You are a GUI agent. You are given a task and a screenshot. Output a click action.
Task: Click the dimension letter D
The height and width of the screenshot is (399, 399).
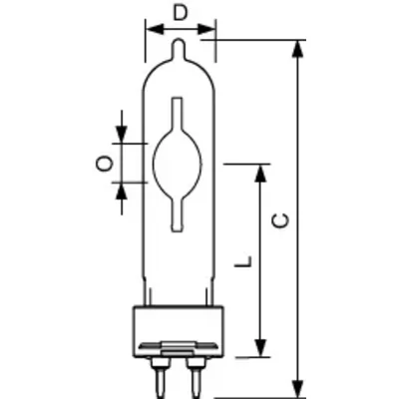(x=180, y=12)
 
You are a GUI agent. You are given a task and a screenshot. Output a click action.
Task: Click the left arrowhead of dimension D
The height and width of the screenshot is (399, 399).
(x=151, y=30)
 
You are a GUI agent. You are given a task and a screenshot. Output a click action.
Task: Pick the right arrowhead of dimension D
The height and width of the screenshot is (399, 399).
(x=208, y=30)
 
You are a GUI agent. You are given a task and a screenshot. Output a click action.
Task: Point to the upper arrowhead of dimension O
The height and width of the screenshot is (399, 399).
(x=122, y=137)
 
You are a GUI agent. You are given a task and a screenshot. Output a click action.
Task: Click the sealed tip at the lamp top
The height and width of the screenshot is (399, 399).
(x=180, y=47)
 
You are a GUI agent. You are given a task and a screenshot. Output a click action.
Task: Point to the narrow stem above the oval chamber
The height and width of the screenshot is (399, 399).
(x=180, y=115)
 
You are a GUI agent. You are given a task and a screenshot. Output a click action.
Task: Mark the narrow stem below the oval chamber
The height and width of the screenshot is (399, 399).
(x=180, y=210)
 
